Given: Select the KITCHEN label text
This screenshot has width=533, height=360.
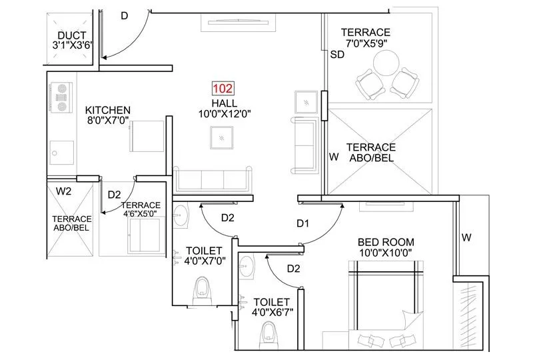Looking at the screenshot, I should [x=107, y=110].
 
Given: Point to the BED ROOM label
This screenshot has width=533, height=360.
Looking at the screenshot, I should [x=386, y=242].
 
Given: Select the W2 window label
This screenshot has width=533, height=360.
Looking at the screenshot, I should [x=64, y=191].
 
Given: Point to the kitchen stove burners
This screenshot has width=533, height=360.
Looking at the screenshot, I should [x=62, y=96].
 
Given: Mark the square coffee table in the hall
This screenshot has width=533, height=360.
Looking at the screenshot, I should [x=221, y=137].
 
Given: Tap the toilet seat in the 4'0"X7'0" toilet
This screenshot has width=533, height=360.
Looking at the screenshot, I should [x=203, y=289].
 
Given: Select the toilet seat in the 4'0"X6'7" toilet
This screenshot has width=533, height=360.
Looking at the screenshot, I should [x=270, y=333].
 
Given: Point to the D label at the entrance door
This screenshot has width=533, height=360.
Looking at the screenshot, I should [x=124, y=16].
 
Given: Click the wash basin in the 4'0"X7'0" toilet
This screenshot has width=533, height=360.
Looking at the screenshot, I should [x=179, y=215].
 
